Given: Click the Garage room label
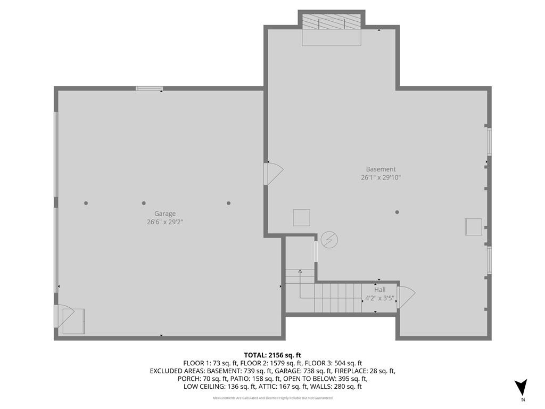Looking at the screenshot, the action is [x=165, y=214].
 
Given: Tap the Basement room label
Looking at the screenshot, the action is [x=381, y=169].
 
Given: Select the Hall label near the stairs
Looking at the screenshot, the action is [x=379, y=289].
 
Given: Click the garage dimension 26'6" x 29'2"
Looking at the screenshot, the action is [x=165, y=222].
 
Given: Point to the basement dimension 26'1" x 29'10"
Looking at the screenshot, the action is [x=381, y=177].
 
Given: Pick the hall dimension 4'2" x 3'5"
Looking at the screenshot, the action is [x=379, y=298].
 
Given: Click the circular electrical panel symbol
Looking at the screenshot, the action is [x=329, y=240].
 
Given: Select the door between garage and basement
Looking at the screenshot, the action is [x=274, y=174].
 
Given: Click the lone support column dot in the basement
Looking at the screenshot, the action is [x=397, y=212].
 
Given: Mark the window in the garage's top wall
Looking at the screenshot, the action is [x=149, y=88].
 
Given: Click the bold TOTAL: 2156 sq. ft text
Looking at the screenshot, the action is [x=272, y=355].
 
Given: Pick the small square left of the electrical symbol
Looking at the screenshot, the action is [x=301, y=218].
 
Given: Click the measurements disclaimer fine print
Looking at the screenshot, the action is [x=272, y=398].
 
